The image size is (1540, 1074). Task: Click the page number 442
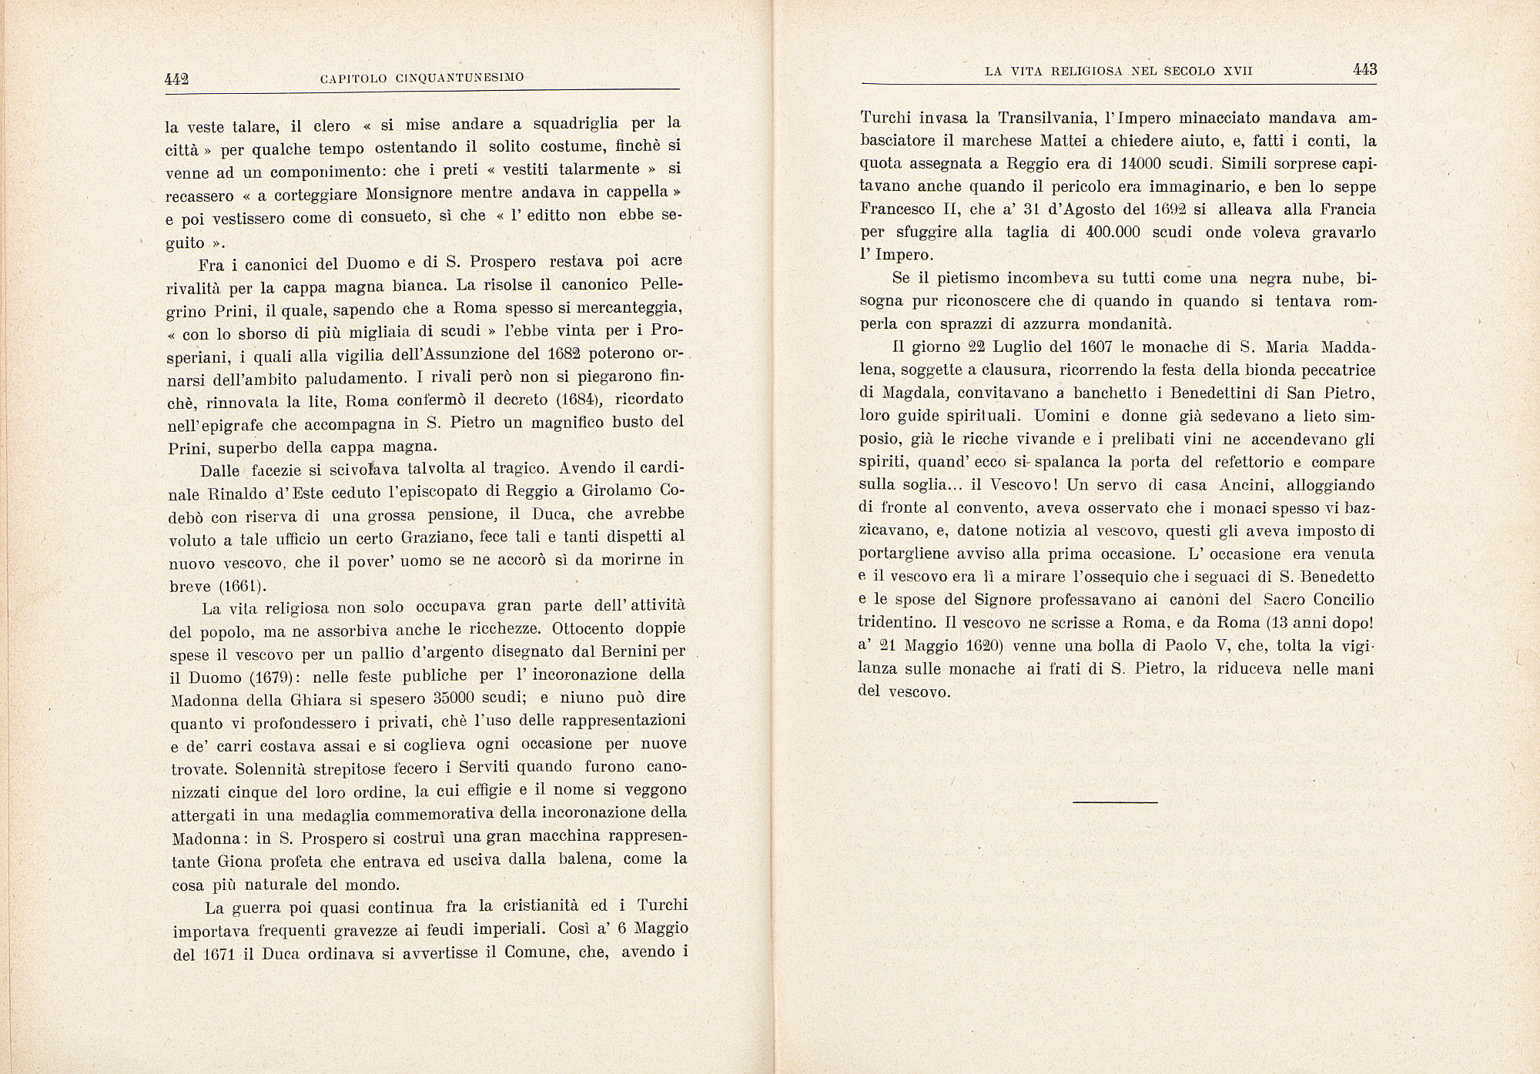pos(177,79)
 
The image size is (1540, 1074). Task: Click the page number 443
pos(1364,70)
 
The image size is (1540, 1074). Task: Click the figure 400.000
pos(1112,233)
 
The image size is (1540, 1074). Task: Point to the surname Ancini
pos(1291,485)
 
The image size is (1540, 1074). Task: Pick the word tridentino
pos(894,622)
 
